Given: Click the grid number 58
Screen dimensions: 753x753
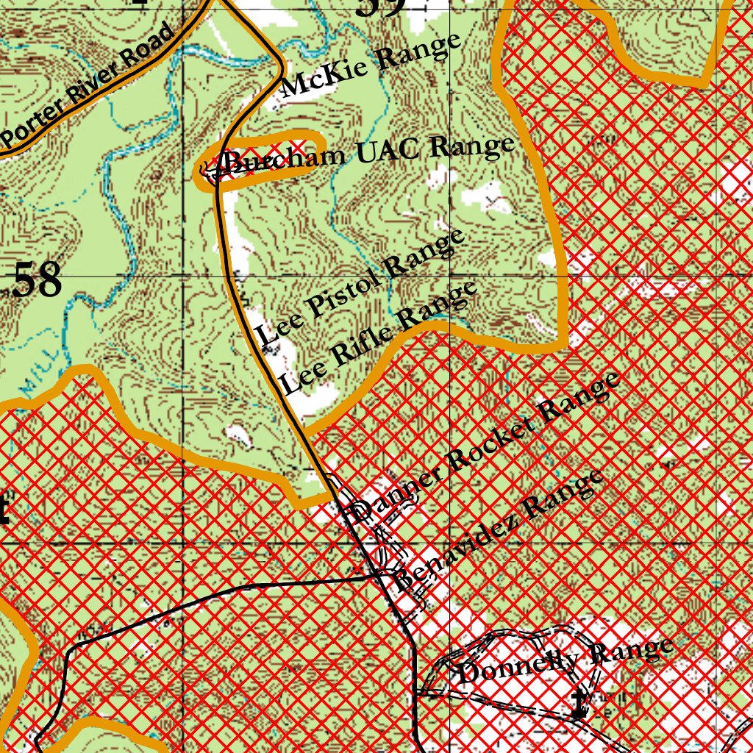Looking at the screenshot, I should (x=37, y=280).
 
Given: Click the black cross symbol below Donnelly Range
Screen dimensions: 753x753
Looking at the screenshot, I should (x=580, y=704).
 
